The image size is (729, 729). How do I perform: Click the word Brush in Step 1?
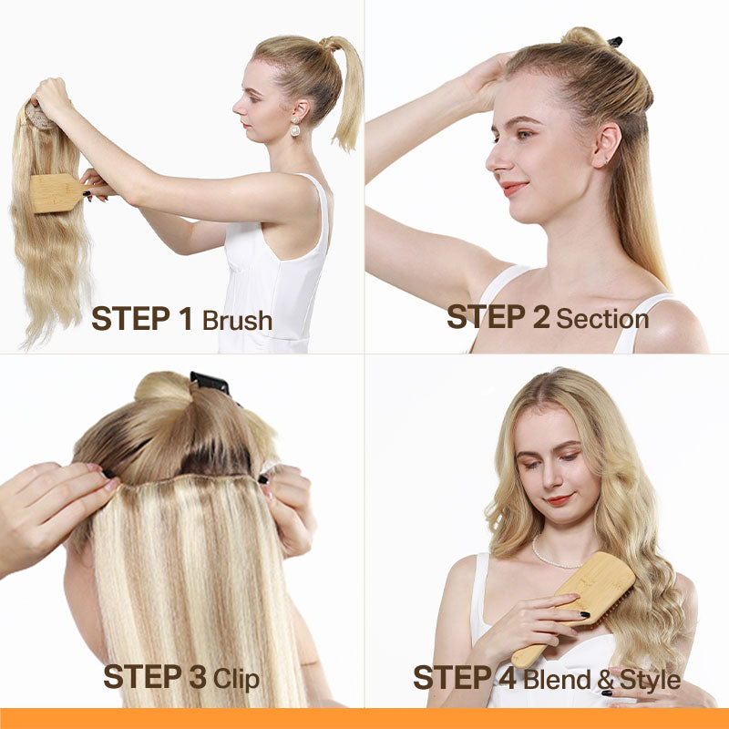coord(237,320)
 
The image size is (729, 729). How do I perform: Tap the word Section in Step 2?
coord(602,319)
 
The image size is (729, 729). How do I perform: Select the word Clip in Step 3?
coord(236,679)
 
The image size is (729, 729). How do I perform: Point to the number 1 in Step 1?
coord(186,318)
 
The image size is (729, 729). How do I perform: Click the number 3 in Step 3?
coord(198,677)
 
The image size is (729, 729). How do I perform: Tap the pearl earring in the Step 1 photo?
coord(294,128)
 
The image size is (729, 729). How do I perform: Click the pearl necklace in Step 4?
coord(553,557)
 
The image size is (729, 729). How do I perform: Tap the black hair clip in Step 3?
coord(210,383)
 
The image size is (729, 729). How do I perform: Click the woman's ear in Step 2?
coord(606,145)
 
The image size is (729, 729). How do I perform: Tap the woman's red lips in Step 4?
coord(559,499)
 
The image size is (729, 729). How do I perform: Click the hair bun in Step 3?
coord(163,388)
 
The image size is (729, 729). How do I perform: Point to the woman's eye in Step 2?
coord(525,135)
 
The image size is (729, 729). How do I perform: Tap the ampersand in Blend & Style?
coord(605,680)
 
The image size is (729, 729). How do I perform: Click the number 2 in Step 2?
coord(541,316)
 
